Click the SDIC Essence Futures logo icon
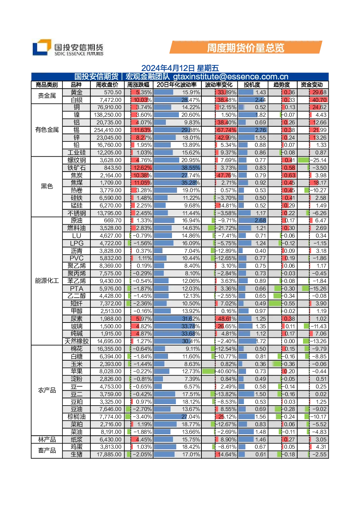[x=42, y=47]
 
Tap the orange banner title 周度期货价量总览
[x=245, y=48]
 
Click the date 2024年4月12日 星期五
[x=180, y=68]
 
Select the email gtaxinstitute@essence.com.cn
[x=231, y=77]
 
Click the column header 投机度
[x=252, y=85]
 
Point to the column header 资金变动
[x=312, y=85]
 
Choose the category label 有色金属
[x=47, y=130]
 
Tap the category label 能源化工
[x=47, y=281]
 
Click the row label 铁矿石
[x=77, y=168]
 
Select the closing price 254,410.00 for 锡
[x=108, y=130]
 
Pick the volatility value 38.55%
[x=191, y=168]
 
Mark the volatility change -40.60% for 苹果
[x=226, y=371]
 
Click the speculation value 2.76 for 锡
[x=260, y=130]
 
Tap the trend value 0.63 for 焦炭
[x=290, y=176]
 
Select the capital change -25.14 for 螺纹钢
[x=318, y=160]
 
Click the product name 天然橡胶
[x=77, y=341]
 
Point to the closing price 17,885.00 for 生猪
[x=109, y=455]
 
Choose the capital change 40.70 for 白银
[x=319, y=100]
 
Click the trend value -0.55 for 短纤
[x=288, y=304]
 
